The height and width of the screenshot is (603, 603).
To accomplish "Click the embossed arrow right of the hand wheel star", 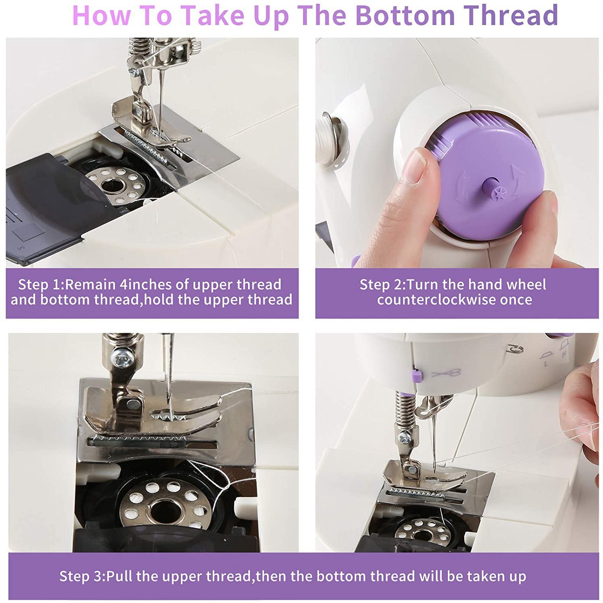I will click(x=517, y=177).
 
